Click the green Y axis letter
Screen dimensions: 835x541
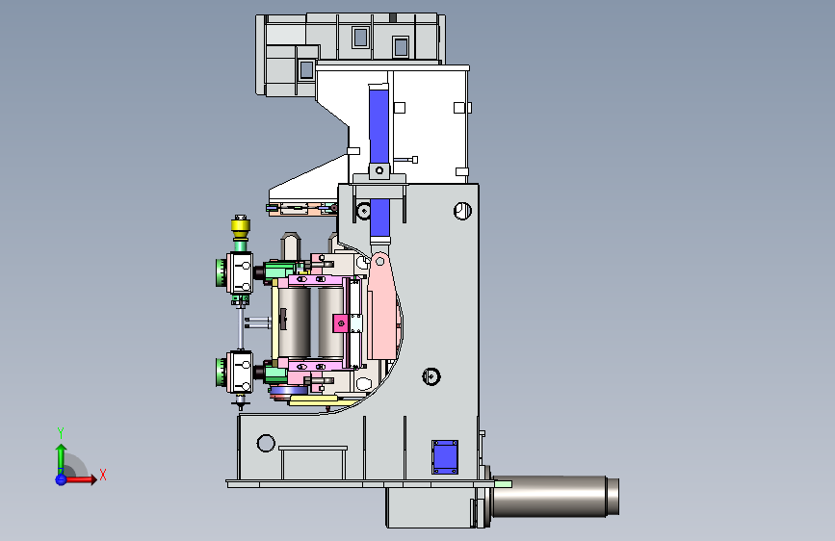[61, 432]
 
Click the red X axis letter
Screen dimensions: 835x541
[103, 475]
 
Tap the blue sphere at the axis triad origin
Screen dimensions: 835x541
[61, 479]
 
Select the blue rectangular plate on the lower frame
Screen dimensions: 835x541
[445, 457]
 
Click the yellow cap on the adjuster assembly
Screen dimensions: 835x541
[241, 227]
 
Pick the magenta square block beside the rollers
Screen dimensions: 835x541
[340, 323]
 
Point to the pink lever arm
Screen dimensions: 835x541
[381, 306]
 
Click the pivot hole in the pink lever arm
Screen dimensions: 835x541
[379, 262]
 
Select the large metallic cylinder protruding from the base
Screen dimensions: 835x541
[555, 497]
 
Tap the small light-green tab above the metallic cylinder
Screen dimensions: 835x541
[503, 484]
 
